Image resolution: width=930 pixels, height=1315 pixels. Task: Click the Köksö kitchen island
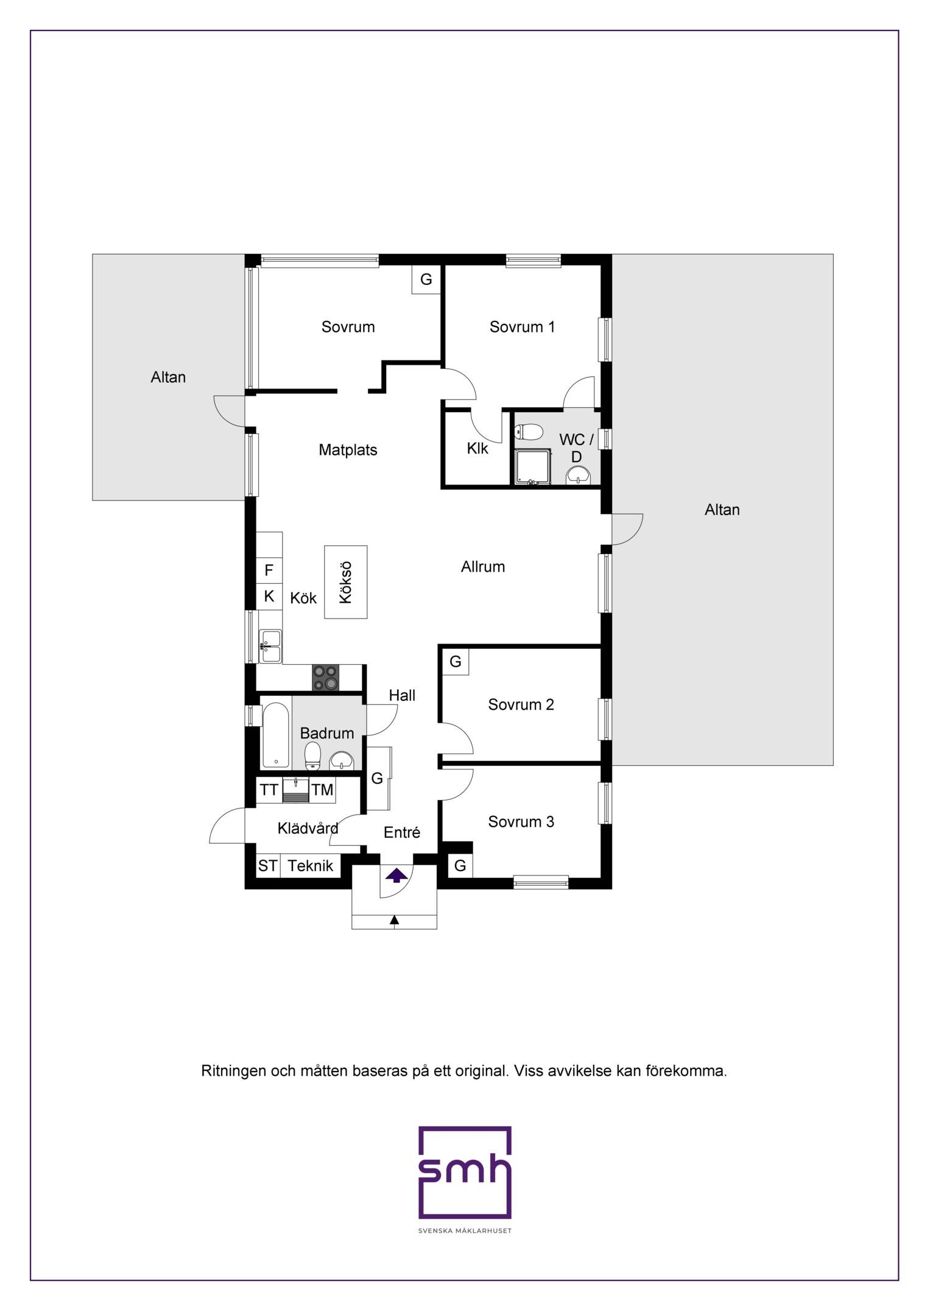[x=345, y=582]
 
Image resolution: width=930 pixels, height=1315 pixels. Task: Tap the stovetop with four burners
[x=326, y=678]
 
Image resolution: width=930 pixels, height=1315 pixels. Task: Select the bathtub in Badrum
[x=277, y=736]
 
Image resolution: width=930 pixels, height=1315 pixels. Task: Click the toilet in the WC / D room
[x=529, y=433]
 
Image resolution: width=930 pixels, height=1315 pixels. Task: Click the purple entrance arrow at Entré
[x=396, y=876]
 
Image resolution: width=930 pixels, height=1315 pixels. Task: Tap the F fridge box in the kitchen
[x=269, y=570]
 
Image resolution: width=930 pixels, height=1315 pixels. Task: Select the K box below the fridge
[x=269, y=596]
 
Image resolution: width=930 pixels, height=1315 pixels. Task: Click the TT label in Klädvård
[x=269, y=790]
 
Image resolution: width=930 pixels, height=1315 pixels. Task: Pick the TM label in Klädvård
[x=322, y=790]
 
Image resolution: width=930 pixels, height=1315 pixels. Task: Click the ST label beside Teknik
[x=268, y=866]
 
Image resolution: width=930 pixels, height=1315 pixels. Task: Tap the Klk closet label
[x=477, y=449]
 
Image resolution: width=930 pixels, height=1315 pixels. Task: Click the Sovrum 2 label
[x=521, y=705]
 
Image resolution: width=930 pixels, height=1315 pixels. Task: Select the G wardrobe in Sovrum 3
[x=460, y=865]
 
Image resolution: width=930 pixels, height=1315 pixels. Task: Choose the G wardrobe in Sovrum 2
[x=456, y=662]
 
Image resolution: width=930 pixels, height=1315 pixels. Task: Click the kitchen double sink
[x=270, y=647]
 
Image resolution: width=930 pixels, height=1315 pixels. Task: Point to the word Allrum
[x=483, y=567]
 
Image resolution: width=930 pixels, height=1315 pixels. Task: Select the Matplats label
[x=348, y=450]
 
